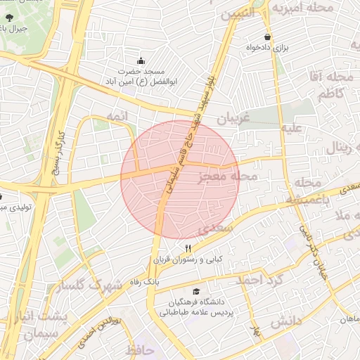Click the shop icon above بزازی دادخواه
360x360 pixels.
(x=267, y=37)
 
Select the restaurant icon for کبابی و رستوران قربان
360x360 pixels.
(x=188, y=249)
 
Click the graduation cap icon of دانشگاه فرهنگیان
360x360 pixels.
(x=195, y=292)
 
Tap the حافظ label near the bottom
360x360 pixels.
(x=140, y=349)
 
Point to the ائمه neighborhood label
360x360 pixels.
(x=117, y=114)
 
